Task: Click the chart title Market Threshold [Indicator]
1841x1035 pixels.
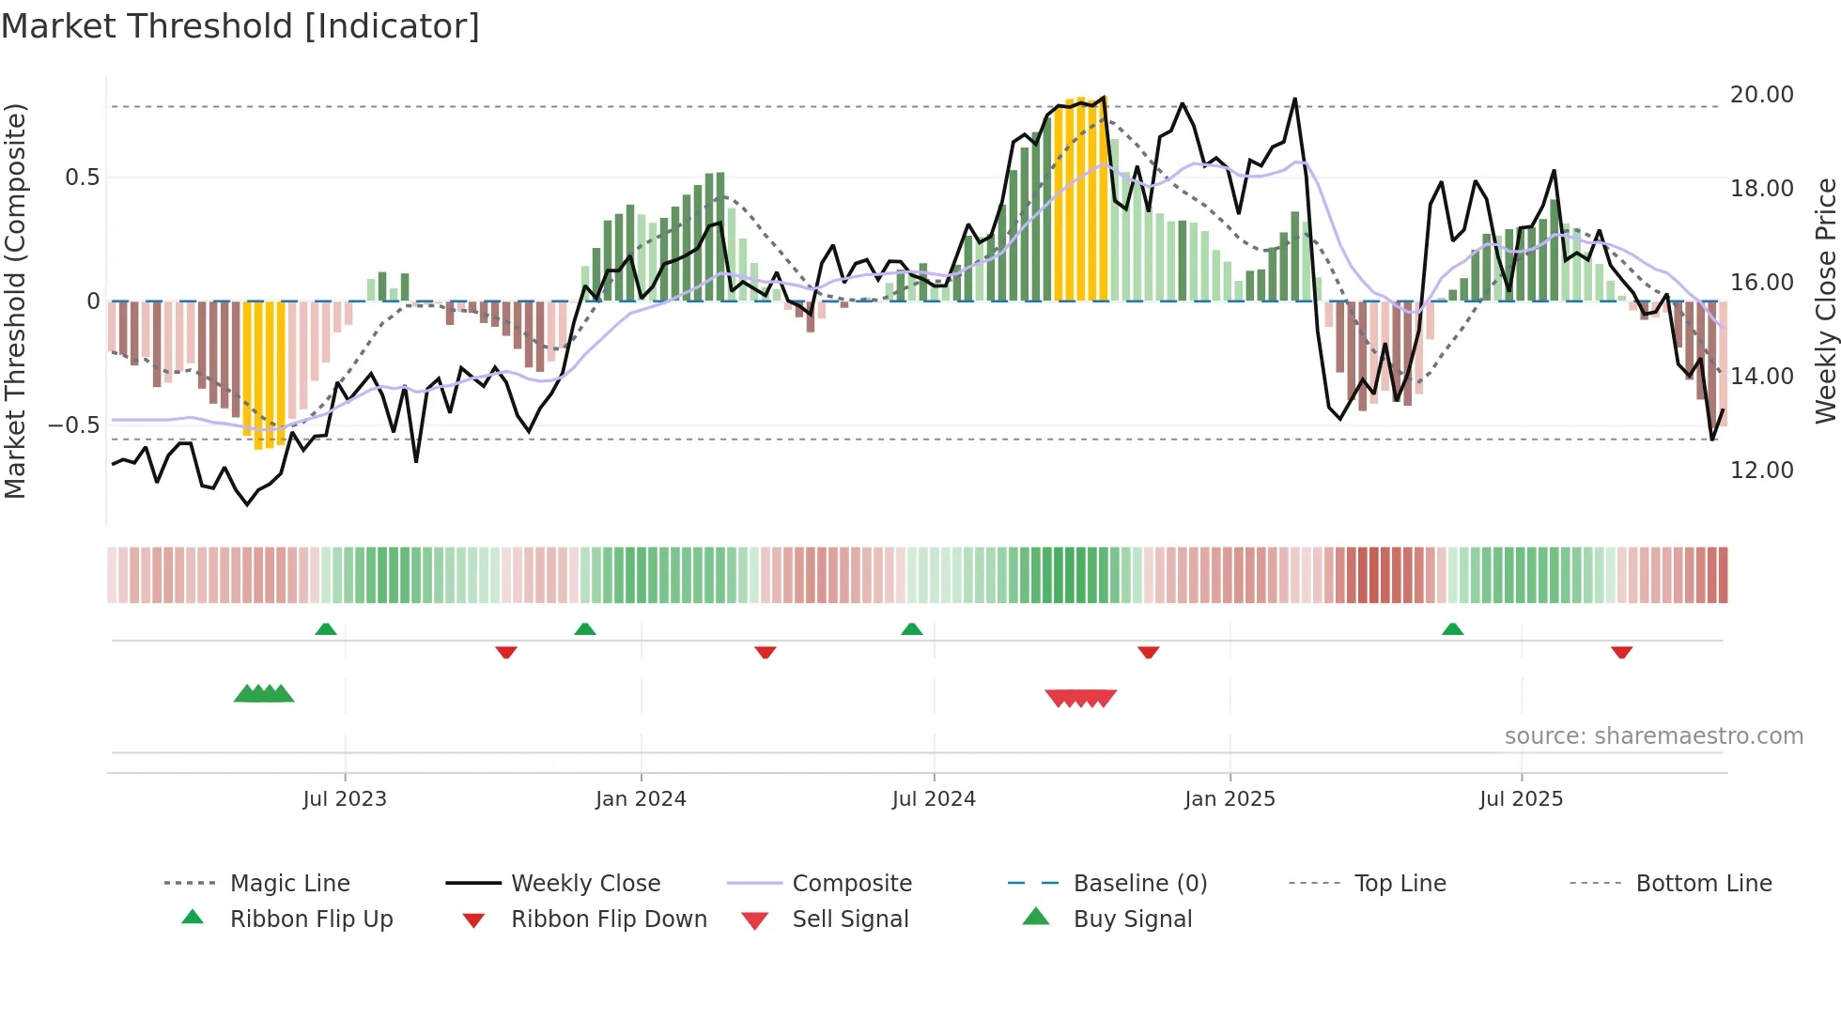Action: (240, 26)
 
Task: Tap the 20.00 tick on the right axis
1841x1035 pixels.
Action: (1761, 95)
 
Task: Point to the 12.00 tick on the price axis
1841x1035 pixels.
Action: (1761, 471)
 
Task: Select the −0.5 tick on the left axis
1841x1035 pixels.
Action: (74, 425)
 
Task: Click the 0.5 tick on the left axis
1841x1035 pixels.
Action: (82, 178)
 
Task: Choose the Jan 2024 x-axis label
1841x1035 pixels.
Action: (641, 799)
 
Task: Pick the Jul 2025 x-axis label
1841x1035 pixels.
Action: (1521, 799)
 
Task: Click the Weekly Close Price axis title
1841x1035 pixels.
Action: (1825, 301)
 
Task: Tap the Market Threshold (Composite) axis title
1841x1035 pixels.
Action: (15, 301)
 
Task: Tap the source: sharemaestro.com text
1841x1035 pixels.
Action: (1653, 736)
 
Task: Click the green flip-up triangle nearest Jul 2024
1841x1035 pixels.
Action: (911, 629)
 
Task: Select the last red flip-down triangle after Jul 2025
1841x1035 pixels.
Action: (1621, 652)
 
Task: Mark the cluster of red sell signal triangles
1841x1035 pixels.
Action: (1080, 698)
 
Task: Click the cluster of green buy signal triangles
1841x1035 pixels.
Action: (264, 694)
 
